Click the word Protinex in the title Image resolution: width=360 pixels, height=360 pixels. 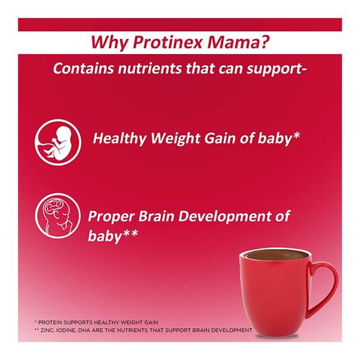[167, 42]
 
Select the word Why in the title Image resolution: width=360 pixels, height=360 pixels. [109, 43]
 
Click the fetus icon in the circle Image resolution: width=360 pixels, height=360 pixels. [58, 143]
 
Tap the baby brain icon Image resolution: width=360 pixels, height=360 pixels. [58, 216]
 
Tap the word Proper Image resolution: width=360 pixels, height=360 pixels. [112, 217]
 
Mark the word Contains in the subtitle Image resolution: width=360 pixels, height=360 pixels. [83, 68]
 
